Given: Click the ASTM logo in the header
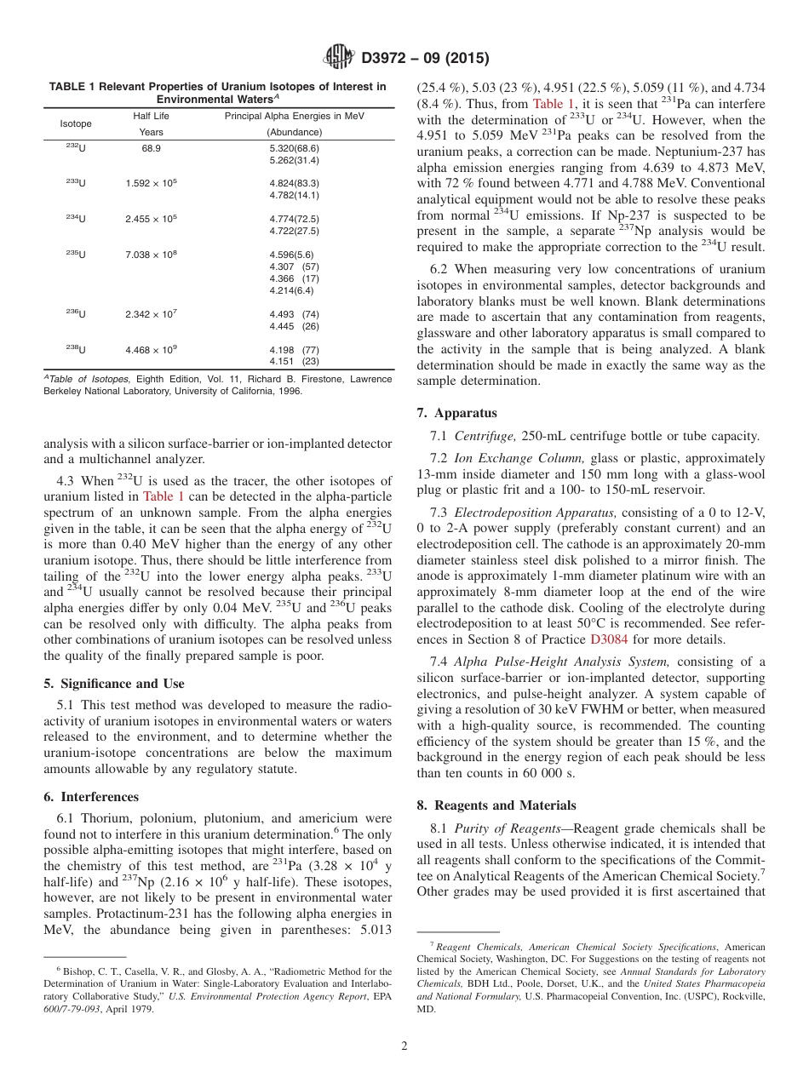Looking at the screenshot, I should (338, 58).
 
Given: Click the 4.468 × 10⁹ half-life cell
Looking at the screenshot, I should (151, 350).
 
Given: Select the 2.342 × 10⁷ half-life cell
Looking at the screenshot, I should (151, 314).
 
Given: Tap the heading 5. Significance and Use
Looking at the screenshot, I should (113, 684).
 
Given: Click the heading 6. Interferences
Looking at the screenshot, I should (90, 797).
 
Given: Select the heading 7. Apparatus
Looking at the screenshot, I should (456, 413).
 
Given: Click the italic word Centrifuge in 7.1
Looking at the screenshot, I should (485, 437).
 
